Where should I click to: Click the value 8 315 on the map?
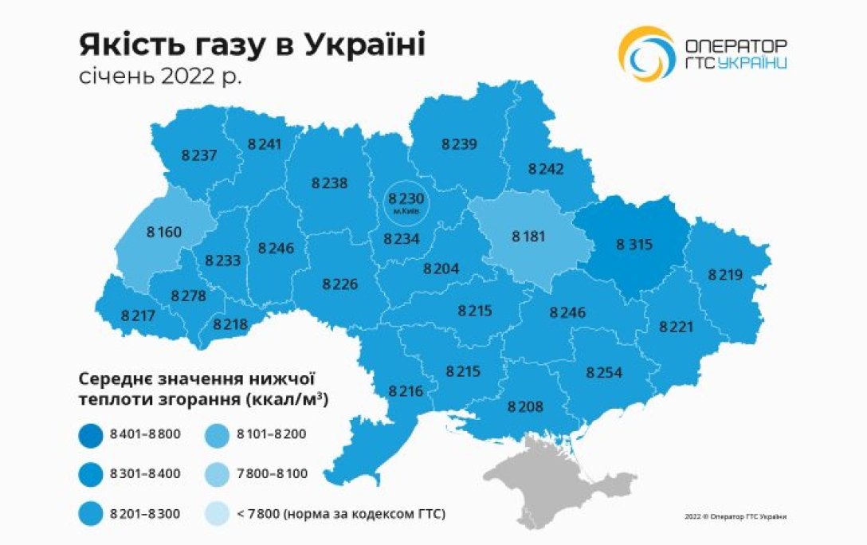point(634,245)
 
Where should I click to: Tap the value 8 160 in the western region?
point(164,233)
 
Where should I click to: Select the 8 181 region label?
point(529,236)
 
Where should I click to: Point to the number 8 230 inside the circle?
point(406,197)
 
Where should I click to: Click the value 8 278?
point(188,296)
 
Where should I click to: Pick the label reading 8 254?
point(604,372)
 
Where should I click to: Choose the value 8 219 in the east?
point(725,275)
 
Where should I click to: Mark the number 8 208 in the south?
point(525,406)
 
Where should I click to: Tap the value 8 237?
point(198,155)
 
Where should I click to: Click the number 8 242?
point(546,168)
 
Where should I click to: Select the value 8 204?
point(441,269)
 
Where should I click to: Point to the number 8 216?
point(406,390)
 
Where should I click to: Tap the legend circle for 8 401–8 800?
point(93,433)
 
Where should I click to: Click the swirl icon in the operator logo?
point(647,54)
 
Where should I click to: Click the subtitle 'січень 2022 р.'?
point(162,77)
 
